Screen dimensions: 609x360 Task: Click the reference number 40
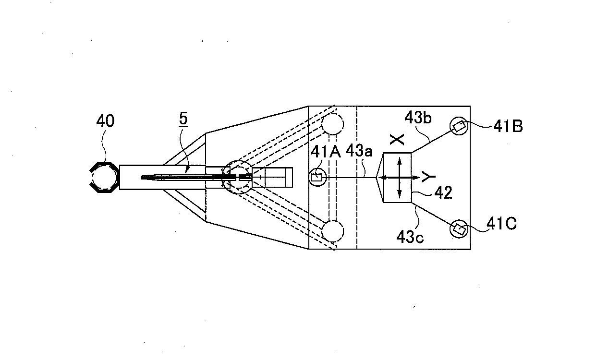click(x=105, y=121)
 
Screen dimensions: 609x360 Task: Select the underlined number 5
click(x=183, y=120)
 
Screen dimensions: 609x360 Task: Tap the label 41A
click(x=326, y=152)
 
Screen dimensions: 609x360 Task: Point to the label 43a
click(x=359, y=151)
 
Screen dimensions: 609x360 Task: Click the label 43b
click(x=418, y=118)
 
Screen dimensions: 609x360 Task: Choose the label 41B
click(x=508, y=126)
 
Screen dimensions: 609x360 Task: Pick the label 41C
click(x=501, y=224)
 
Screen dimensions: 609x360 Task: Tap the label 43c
click(x=410, y=237)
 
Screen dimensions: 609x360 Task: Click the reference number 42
click(x=443, y=193)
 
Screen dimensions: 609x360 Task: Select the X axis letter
click(x=397, y=140)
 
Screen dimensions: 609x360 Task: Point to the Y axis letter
click(x=428, y=177)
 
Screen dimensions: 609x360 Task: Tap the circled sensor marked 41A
click(x=317, y=178)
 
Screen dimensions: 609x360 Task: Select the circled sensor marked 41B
click(x=459, y=126)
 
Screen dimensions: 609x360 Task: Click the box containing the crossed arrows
click(x=397, y=178)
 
